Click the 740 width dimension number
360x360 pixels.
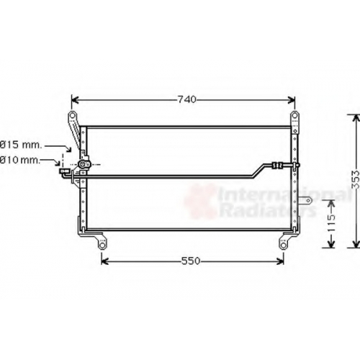coord(187,99)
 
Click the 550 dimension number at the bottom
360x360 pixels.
coord(191,261)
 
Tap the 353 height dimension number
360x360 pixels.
coord(356,179)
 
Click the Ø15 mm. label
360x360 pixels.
coord(21,145)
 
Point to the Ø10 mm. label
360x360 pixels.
coord(19,160)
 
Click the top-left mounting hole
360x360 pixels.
coord(72,115)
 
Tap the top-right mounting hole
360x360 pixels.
coord(294,115)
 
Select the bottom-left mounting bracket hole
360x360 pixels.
coord(102,246)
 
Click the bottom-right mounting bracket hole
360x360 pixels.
coord(284,246)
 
